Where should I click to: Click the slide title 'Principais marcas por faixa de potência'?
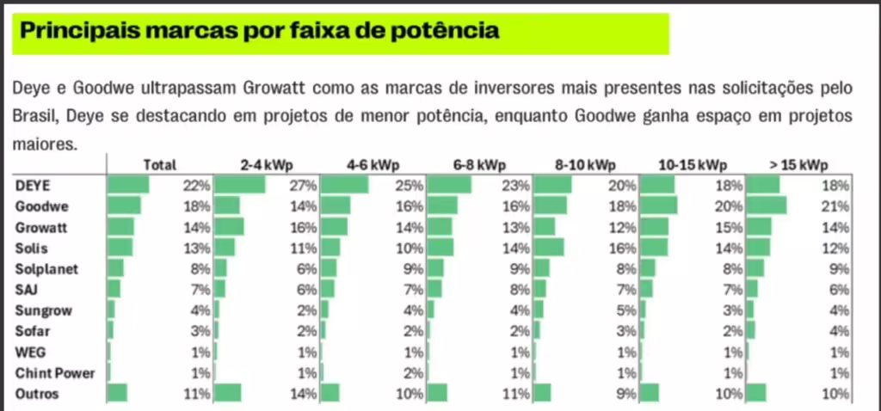pos(258,32)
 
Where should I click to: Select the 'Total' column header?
pos(159,165)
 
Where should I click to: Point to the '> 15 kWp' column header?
pos(800,165)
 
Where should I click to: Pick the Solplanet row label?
pos(46,269)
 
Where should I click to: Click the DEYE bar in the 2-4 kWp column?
pos(239,185)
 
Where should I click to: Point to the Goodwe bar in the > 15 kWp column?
pos(766,205)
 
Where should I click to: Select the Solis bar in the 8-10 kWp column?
pos(549,248)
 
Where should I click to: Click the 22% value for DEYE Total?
pos(197,186)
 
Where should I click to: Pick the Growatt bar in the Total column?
pos(120,227)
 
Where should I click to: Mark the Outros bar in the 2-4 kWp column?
pos(227,394)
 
